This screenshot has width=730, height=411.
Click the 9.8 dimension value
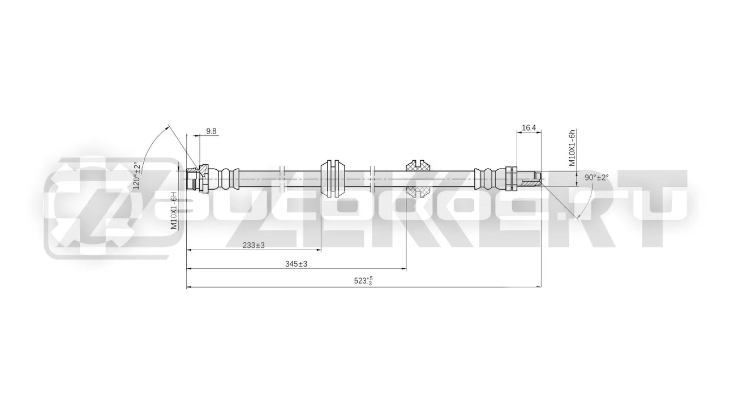pyautogui.click(x=211, y=131)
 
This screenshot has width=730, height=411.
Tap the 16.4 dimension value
pyautogui.click(x=529, y=128)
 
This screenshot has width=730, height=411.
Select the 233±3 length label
pyautogui.click(x=254, y=246)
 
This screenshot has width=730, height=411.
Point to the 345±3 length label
pyautogui.click(x=296, y=264)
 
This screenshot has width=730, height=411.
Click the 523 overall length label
pyautogui.click(x=363, y=281)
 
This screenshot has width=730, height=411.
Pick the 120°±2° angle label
pyautogui.click(x=138, y=175)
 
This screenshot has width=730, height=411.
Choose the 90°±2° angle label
pyautogui.click(x=596, y=177)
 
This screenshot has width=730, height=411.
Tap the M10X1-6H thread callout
pyautogui.click(x=174, y=210)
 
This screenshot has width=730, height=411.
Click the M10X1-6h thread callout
pyautogui.click(x=572, y=148)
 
